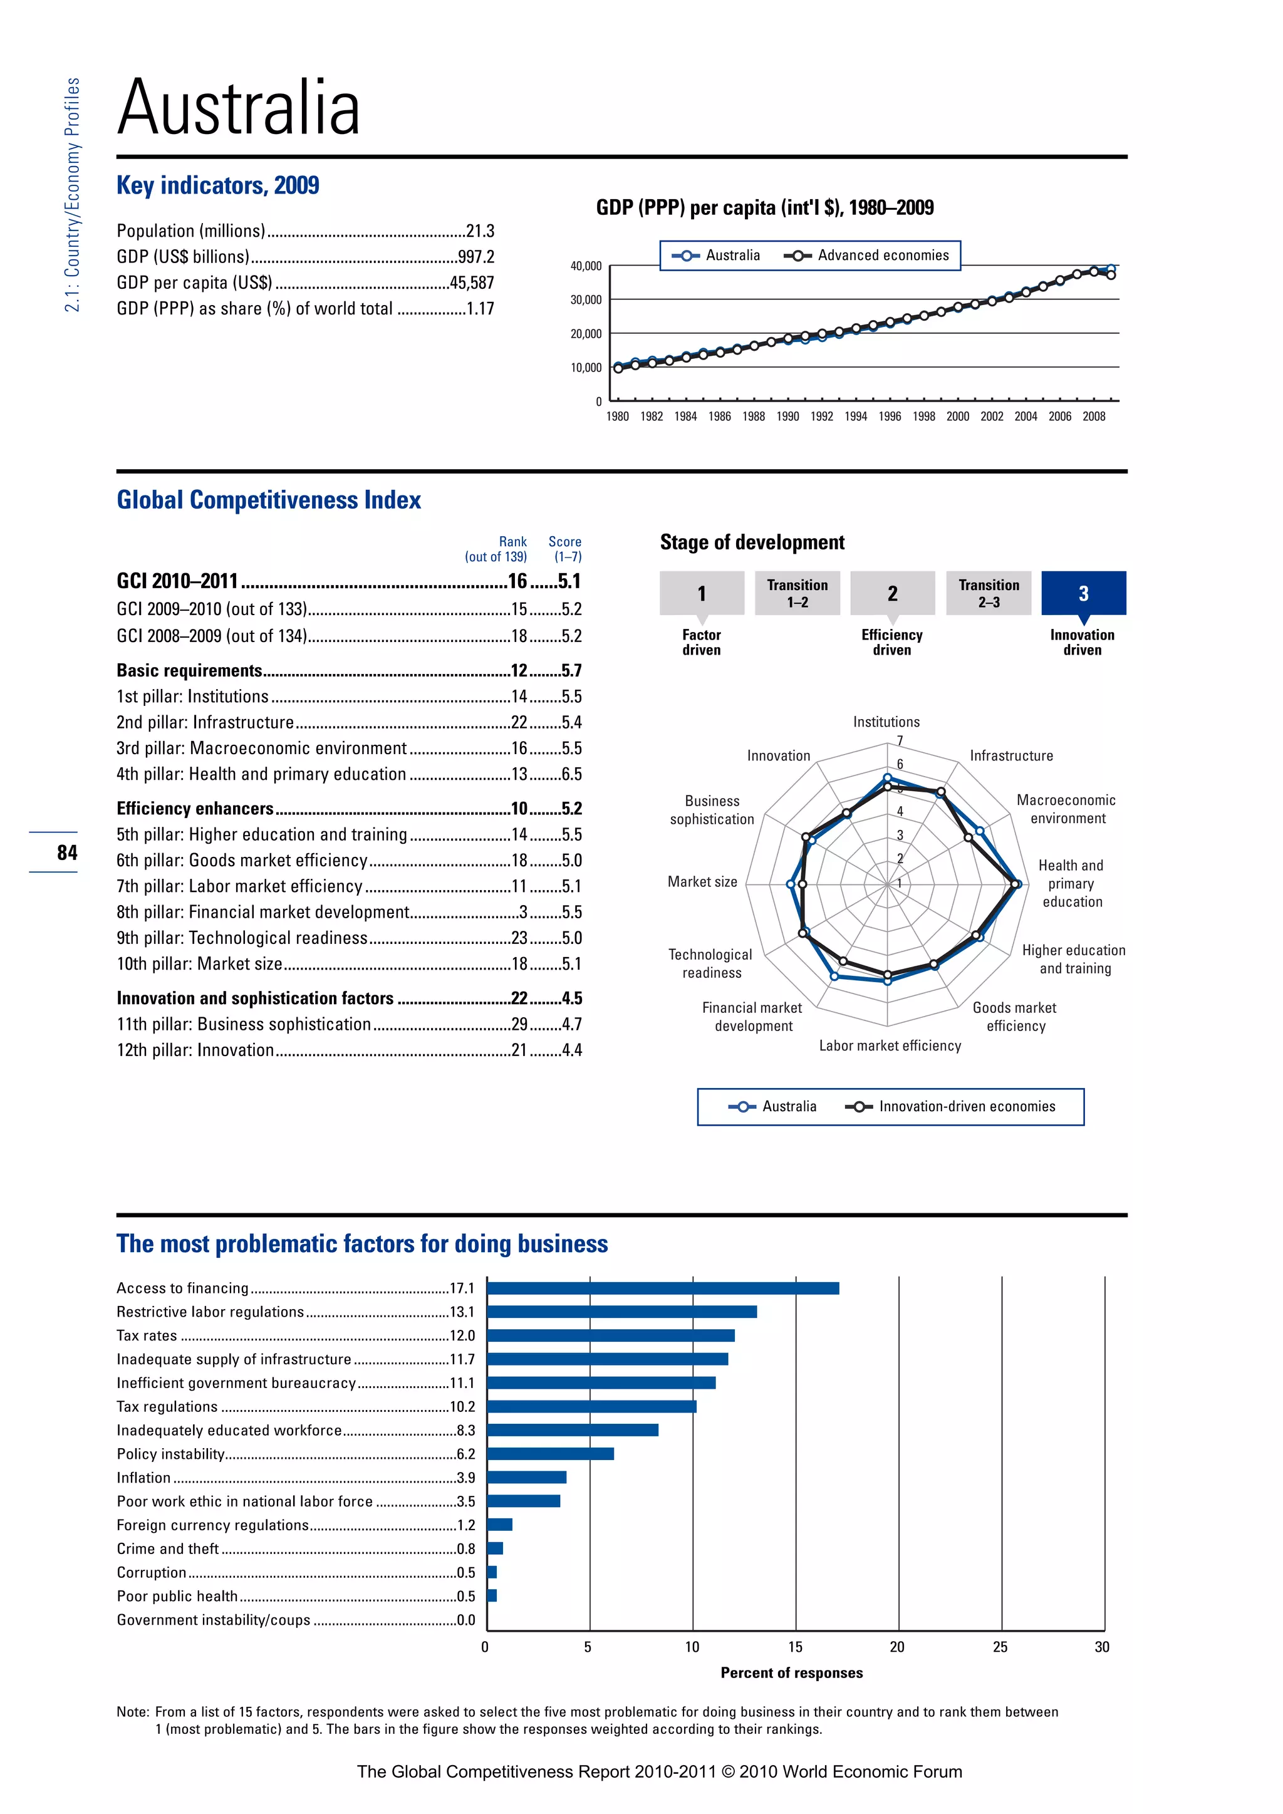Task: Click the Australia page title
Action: pyautogui.click(x=239, y=108)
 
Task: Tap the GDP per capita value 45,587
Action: pyautogui.click(x=472, y=283)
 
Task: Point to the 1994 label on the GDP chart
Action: pyautogui.click(x=856, y=417)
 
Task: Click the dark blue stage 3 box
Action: pyautogui.click(x=1083, y=593)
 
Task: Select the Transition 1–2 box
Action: pyautogui.click(x=797, y=593)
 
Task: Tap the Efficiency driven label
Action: pyautogui.click(x=892, y=642)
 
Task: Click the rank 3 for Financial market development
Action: pyautogui.click(x=523, y=913)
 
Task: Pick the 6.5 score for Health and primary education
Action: pyautogui.click(x=571, y=774)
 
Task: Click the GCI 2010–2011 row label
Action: pyautogui.click(x=178, y=581)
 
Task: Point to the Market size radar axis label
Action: pyautogui.click(x=702, y=882)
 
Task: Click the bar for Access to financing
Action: pyautogui.click(x=663, y=1288)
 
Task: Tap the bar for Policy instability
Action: pyautogui.click(x=551, y=1454)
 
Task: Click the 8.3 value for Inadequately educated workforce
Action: pyautogui.click(x=465, y=1430)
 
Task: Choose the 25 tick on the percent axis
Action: pyautogui.click(x=1000, y=1647)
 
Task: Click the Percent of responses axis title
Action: pyautogui.click(x=792, y=1672)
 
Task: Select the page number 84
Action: pyautogui.click(x=67, y=853)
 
